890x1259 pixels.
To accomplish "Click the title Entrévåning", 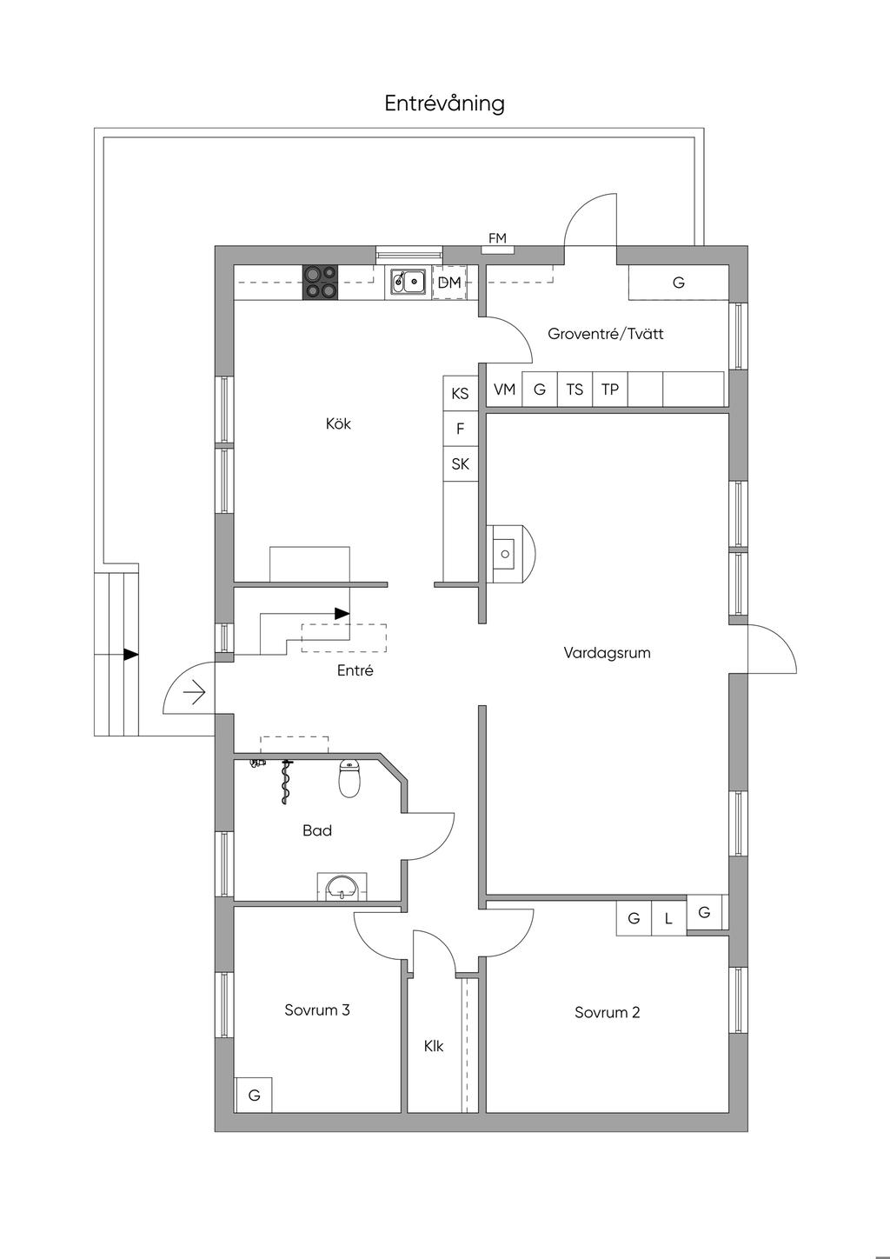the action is pos(444,104).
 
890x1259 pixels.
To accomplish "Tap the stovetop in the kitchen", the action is pos(321,282).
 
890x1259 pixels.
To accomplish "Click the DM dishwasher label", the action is pos(449,283).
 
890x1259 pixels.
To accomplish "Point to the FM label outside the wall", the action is pos(497,238).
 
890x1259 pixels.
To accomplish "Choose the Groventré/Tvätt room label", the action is pos(606,334).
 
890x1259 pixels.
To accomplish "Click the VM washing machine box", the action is pos(505,389).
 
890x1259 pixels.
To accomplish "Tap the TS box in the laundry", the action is pos(575,389).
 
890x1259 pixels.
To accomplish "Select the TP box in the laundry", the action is pos(610,389).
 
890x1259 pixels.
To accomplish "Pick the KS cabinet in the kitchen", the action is pos(460,393).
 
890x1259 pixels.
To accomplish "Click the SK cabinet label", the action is pos(460,463).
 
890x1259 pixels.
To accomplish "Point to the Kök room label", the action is pos(338,423).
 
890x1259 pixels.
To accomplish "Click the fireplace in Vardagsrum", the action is pos(510,554).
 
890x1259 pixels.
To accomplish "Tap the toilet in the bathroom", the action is pos(349,778).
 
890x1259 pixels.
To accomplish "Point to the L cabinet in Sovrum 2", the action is pos(668,918).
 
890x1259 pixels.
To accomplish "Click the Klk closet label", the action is pos(434,1046).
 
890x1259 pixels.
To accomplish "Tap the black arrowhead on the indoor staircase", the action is pos(342,613).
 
